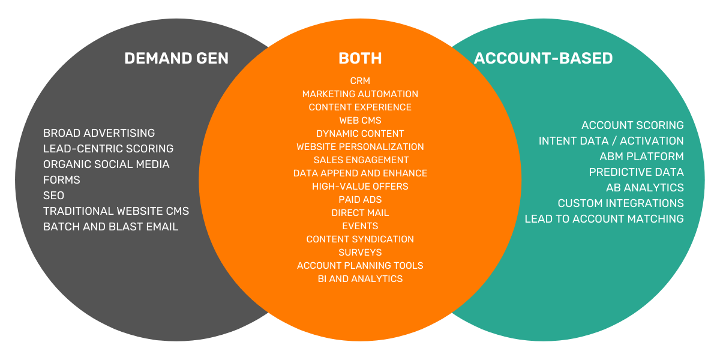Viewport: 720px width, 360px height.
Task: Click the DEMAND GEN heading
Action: (x=176, y=58)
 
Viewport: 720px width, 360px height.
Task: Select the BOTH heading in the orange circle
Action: (x=360, y=58)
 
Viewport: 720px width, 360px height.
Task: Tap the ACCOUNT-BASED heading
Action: (x=543, y=58)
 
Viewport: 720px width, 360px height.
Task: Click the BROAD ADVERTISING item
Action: (x=99, y=133)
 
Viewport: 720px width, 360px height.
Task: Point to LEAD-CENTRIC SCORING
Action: (x=108, y=149)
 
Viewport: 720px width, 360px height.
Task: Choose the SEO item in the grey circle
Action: (x=53, y=196)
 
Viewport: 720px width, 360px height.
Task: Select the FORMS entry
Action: (x=61, y=180)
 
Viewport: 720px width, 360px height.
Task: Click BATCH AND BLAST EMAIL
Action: (x=110, y=227)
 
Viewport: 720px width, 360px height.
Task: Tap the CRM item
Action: (x=360, y=81)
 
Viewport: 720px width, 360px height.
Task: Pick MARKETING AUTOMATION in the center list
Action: (x=360, y=94)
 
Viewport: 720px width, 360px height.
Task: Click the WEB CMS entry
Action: (x=360, y=121)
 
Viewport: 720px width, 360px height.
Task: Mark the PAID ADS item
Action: (x=360, y=200)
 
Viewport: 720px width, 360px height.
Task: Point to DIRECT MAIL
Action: (x=360, y=213)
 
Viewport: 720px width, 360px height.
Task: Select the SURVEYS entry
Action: (x=360, y=253)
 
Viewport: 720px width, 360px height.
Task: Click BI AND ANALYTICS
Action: (x=360, y=279)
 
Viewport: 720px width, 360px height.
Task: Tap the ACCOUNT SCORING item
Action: (x=632, y=125)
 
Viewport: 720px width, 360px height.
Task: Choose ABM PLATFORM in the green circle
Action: (x=641, y=157)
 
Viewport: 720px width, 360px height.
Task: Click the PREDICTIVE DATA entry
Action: (x=636, y=172)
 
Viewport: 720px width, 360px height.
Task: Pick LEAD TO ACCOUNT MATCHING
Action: (x=604, y=219)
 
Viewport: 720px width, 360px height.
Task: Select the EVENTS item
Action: (x=360, y=226)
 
